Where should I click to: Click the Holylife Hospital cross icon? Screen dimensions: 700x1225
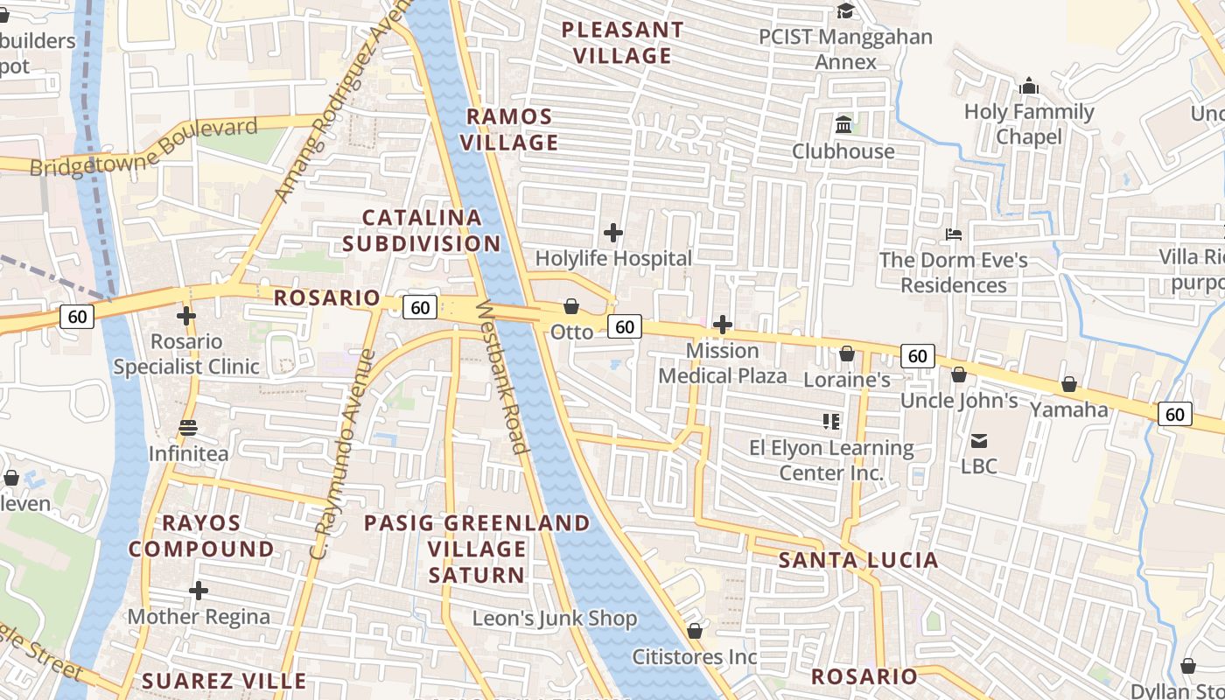click(x=613, y=233)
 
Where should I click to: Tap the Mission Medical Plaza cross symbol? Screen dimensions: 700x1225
click(x=723, y=325)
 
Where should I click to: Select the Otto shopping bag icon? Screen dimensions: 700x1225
click(x=571, y=305)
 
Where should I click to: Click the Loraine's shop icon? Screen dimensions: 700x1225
click(x=847, y=353)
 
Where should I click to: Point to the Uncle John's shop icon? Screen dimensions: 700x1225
click(x=959, y=374)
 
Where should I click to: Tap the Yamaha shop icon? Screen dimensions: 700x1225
click(x=1068, y=384)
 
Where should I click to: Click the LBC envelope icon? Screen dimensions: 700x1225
click(x=978, y=440)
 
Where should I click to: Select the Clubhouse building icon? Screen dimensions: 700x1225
click(x=843, y=124)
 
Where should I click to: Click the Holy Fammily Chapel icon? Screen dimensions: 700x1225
click(x=1029, y=86)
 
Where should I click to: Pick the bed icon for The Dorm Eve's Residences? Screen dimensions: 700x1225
click(x=954, y=234)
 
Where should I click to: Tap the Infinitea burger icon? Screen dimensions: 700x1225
click(x=188, y=428)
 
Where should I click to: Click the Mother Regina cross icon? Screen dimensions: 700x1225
click(x=199, y=591)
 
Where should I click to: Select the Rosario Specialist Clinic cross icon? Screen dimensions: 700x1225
click(x=185, y=315)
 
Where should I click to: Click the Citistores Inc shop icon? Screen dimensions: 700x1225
click(x=695, y=630)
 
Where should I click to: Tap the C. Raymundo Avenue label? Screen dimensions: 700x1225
click(x=343, y=455)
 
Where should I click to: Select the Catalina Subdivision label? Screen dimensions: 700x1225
click(x=422, y=230)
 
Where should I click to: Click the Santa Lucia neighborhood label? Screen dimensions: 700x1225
click(x=857, y=560)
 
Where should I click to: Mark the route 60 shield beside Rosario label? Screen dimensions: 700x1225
click(x=420, y=307)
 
